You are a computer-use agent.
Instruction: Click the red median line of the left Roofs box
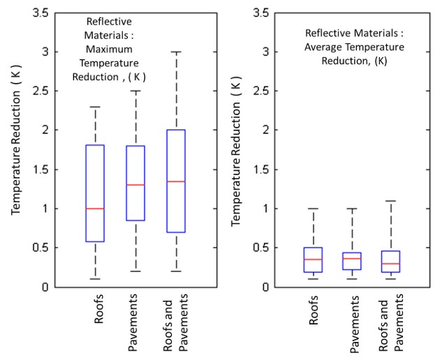pos(94,209)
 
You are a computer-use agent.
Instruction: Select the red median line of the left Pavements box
pos(135,185)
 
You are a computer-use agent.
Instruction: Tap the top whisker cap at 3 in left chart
pos(176,52)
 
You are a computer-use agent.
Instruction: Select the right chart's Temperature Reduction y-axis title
pos(236,149)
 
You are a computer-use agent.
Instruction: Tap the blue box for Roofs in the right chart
pos(313,260)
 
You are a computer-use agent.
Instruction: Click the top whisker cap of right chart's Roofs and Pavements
pos(391,201)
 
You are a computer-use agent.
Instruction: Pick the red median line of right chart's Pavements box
pos(352,259)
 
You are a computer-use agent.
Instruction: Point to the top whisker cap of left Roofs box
pos(94,107)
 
